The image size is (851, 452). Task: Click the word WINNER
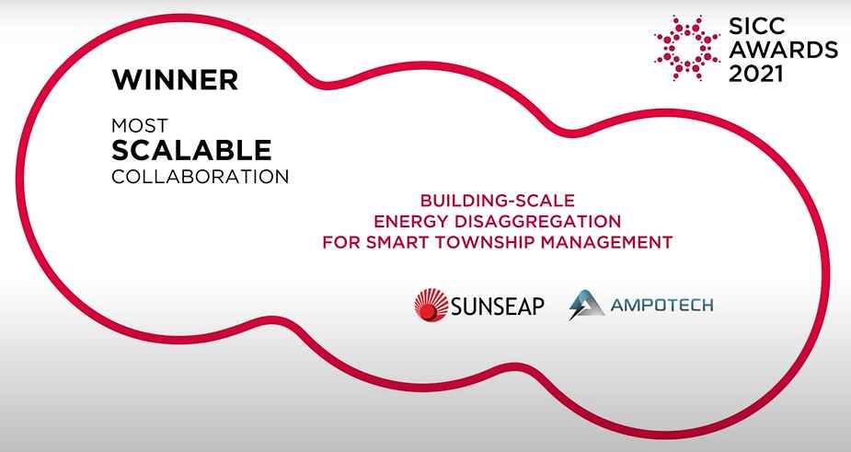(x=175, y=80)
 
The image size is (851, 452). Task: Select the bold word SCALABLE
(x=191, y=150)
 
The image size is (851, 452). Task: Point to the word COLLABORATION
(x=201, y=177)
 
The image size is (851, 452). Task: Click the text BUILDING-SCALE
(x=497, y=201)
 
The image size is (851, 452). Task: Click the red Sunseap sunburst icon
(x=431, y=305)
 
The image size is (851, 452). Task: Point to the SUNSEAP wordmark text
(x=497, y=307)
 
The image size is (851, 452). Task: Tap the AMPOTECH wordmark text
(x=661, y=305)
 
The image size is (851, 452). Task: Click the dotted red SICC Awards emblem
(x=687, y=48)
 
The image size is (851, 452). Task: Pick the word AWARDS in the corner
(x=783, y=50)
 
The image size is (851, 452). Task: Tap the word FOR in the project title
(x=340, y=242)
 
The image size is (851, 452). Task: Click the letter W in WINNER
(x=125, y=80)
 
